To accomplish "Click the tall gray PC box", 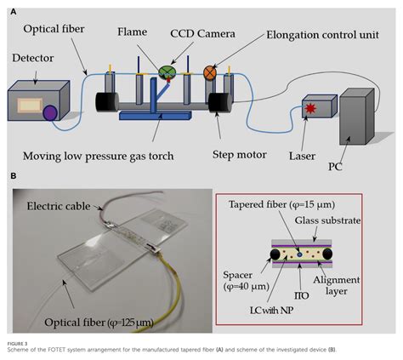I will tap(359, 115).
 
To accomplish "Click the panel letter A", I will tap(12, 9).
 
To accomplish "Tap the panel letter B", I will tap(12, 176).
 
